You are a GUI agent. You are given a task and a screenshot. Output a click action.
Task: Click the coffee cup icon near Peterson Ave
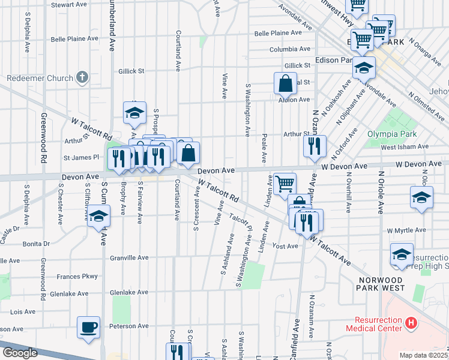[89, 328]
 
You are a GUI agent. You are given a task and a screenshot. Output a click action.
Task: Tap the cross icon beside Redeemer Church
[82, 78]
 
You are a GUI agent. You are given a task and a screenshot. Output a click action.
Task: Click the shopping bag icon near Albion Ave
[286, 83]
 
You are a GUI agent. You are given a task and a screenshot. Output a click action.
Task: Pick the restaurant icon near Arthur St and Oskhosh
[315, 146]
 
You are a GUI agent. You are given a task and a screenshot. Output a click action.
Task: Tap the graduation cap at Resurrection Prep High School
[402, 254]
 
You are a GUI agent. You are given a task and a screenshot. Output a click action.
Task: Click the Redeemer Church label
[39, 79]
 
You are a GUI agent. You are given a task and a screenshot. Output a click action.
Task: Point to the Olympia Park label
[391, 134]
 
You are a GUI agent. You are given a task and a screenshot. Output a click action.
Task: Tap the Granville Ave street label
[129, 257]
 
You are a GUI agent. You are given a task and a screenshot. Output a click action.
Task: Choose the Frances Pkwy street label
[77, 277]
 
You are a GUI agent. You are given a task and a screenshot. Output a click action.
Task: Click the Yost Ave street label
[285, 246]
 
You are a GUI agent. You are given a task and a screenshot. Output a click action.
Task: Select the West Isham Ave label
[404, 146]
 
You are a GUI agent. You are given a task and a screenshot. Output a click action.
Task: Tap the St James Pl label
[85, 158]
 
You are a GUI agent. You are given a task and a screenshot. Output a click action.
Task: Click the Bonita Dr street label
[37, 244]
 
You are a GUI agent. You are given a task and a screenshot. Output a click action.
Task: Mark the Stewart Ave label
[70, 4]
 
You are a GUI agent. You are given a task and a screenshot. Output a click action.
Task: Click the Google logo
[20, 353]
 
